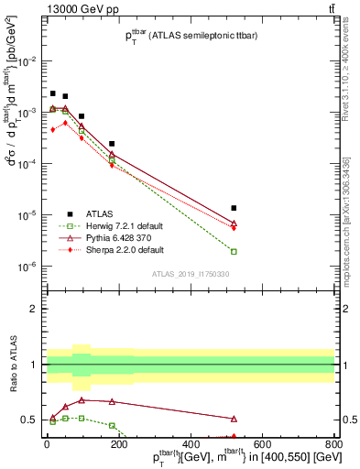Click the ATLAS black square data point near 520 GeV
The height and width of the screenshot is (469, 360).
pos(234,208)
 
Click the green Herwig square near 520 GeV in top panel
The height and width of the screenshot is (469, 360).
pos(234,251)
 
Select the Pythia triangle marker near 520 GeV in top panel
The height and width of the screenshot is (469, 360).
pos(234,224)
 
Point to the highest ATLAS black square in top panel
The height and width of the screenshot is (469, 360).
pos(53,93)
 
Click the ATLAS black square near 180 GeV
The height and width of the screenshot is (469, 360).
pos(112,144)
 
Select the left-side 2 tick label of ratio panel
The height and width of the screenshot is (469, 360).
pos(34,309)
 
